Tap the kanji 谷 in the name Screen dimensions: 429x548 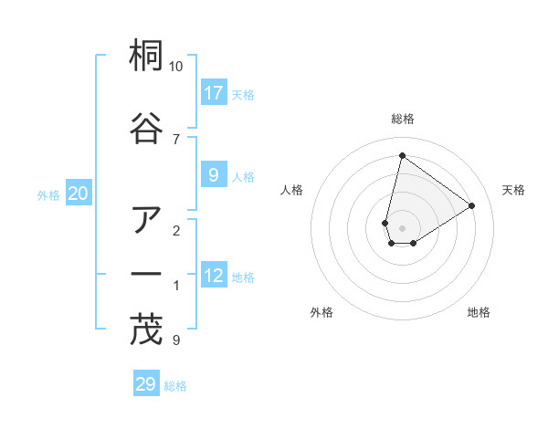click(146, 128)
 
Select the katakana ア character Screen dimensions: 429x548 click(146, 220)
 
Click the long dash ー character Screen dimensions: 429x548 click(146, 274)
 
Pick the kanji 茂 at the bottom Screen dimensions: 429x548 click(146, 330)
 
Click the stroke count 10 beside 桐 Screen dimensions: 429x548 click(176, 67)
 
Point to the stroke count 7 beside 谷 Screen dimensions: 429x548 click(175, 139)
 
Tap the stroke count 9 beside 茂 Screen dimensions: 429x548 click(175, 340)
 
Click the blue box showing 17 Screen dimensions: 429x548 click(214, 93)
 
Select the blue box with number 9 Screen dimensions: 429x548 click(214, 175)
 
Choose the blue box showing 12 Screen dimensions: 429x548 click(214, 276)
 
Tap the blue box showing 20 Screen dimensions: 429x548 click(79, 194)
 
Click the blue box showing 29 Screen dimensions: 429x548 click(146, 384)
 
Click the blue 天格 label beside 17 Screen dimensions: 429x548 click(242, 95)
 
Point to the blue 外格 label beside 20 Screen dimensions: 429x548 click(48, 195)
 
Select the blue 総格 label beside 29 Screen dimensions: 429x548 click(175, 386)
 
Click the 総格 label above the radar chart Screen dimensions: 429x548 click(402, 119)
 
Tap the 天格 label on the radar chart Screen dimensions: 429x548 click(513, 190)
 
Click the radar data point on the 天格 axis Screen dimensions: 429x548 click(472, 205)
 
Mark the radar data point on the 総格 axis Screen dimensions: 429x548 click(402, 155)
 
